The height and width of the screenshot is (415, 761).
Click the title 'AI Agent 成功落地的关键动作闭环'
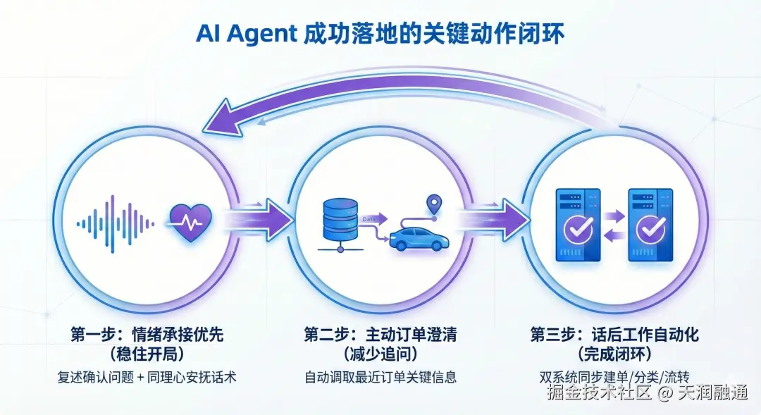[380, 33]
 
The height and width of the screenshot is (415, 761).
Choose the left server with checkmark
[579, 225]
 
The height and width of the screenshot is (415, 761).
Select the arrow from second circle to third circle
[493, 221]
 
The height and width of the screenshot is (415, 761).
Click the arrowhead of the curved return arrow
[224, 118]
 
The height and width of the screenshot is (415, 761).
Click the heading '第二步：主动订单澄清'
[380, 334]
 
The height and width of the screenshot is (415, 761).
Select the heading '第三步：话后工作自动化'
[614, 334]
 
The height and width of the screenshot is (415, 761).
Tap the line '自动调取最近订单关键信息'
[380, 377]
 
